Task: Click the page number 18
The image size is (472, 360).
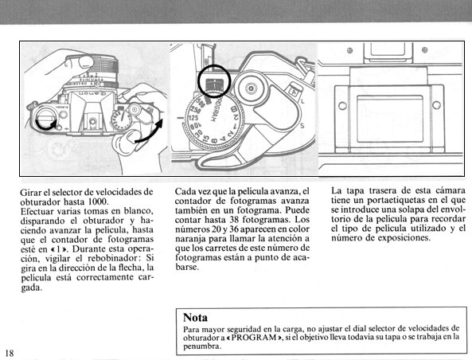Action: pyautogui.click(x=10, y=353)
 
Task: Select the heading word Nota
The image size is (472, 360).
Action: pyautogui.click(x=195, y=318)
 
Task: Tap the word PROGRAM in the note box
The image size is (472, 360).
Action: pyautogui.click(x=254, y=337)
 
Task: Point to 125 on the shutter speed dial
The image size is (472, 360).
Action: pyautogui.click(x=193, y=118)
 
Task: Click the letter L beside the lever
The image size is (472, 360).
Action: pyautogui.click(x=302, y=101)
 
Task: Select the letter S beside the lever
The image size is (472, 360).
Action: pyautogui.click(x=302, y=126)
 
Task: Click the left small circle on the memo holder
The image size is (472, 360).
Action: pyautogui.click(x=342, y=106)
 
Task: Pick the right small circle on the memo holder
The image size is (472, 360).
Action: pyautogui.click(x=436, y=105)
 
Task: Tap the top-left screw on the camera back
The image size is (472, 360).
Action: pyautogui.click(x=349, y=50)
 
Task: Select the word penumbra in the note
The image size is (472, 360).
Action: pyautogui.click(x=202, y=346)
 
